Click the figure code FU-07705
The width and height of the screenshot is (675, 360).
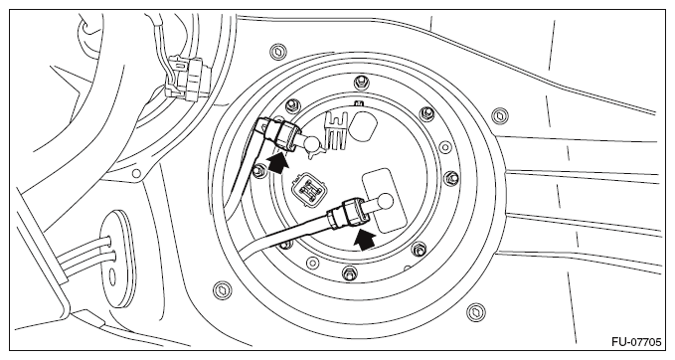pos(636,342)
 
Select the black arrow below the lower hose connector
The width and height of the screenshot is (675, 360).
pos(363,240)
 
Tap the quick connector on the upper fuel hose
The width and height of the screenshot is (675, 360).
pos(283,135)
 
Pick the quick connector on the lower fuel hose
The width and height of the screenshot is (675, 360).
pos(349,212)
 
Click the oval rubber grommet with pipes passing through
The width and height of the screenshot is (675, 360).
pos(117,259)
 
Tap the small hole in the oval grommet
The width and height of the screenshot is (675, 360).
pos(112,277)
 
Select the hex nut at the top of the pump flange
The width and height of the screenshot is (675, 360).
pos(359,82)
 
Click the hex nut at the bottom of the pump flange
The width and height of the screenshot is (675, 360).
pos(350,272)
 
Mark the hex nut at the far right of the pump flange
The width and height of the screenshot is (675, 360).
pos(450,177)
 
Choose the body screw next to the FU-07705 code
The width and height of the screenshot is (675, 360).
pos(476,311)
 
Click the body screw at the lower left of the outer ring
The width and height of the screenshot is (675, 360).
pos(223,289)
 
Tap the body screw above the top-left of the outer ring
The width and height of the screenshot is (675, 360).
pos(278,52)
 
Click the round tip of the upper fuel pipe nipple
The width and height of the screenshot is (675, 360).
pos(312,141)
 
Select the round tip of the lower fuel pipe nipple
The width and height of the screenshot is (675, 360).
pos(385,200)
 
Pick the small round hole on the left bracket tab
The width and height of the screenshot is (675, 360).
pos(136,174)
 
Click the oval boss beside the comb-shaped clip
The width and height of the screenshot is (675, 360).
pos(363,126)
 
